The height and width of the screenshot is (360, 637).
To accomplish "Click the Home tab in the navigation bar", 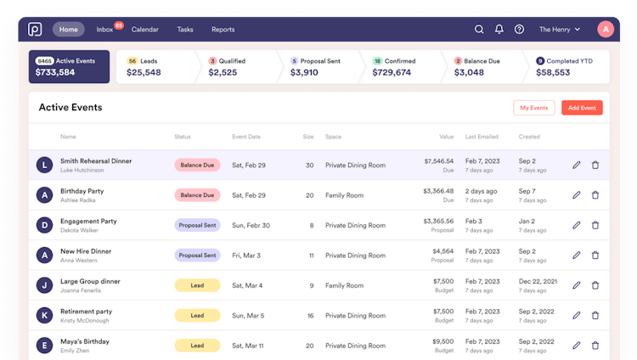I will point(69,30).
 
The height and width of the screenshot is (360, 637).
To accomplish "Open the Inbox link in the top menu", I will point(105,30).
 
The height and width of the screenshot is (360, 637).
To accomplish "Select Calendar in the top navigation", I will point(145,30).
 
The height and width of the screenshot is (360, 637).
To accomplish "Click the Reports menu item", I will point(223,30).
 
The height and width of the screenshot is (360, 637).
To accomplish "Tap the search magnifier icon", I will point(479,30).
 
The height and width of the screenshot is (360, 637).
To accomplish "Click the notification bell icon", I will point(499,30).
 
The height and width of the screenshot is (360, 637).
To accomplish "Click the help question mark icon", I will point(520,30).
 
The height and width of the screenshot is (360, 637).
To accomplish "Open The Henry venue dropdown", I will point(560,30).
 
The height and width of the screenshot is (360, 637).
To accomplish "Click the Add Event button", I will point(582,108).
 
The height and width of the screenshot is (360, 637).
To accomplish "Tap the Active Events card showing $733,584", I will point(69,67).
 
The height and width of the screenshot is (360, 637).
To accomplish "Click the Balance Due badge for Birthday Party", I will point(197,195).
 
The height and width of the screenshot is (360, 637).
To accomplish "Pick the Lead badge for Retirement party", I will point(197,315).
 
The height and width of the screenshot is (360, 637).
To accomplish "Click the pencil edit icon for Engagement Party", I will point(577,225).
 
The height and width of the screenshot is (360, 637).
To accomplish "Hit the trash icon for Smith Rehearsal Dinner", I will point(595,165).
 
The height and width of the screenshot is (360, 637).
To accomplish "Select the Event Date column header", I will point(246,137).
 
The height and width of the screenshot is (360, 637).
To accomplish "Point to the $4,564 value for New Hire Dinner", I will point(443,250).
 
